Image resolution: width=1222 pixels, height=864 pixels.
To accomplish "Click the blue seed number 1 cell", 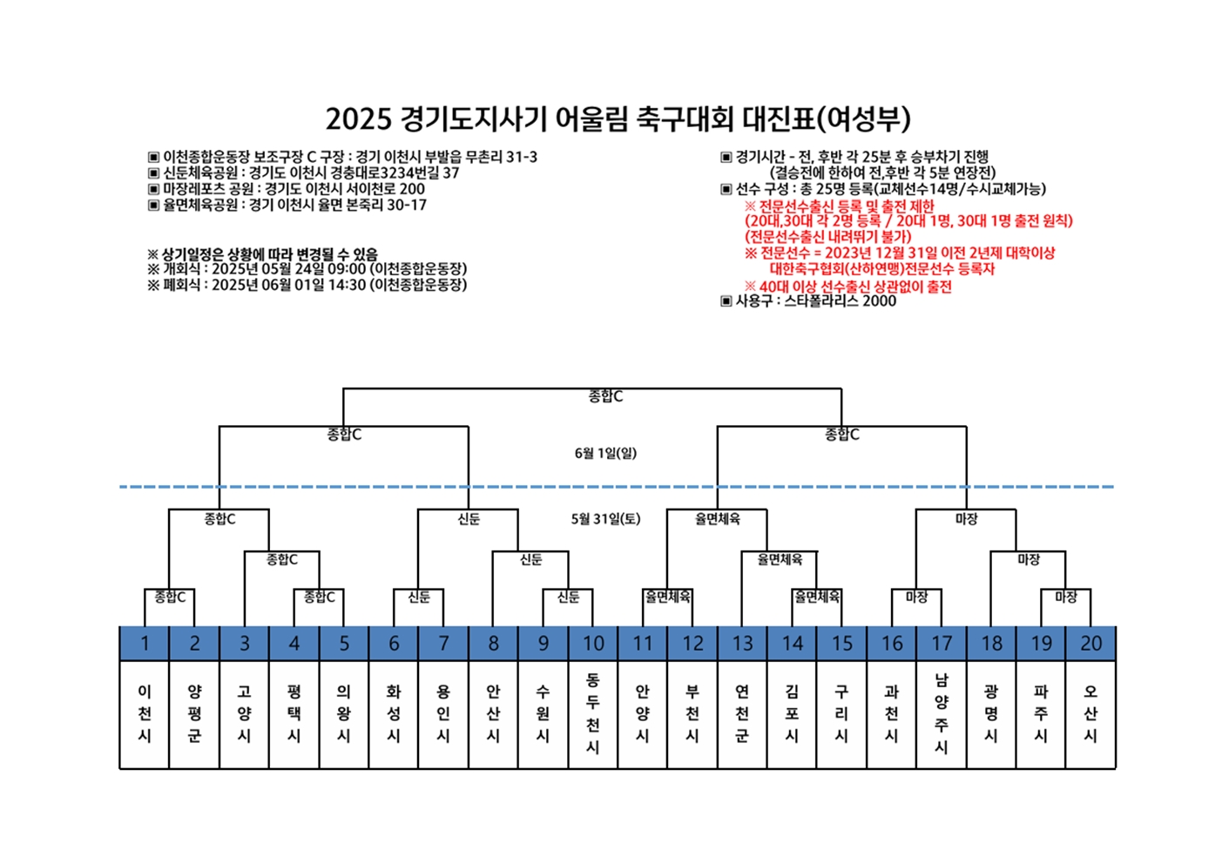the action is click(145, 644).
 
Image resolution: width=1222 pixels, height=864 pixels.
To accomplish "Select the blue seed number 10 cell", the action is click(593, 644).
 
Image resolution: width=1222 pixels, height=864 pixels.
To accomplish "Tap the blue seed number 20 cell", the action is click(1091, 644).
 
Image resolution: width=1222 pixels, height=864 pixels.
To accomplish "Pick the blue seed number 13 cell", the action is click(742, 644).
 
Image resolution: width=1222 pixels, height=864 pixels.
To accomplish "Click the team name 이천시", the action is click(145, 713).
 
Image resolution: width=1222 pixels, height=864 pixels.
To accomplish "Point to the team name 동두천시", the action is click(593, 713).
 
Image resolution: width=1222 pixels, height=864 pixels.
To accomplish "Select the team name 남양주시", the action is click(942, 713).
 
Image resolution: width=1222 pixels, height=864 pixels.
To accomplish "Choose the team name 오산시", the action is click(1091, 713).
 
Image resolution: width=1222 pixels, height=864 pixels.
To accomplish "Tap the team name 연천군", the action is click(742, 713).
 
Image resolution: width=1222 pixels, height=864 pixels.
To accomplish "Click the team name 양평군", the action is click(195, 713).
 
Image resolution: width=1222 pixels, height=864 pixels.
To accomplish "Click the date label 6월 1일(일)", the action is click(605, 453).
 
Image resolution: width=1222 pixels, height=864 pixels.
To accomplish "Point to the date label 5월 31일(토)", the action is click(605, 519).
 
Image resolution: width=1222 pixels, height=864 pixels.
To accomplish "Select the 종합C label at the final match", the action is click(605, 396).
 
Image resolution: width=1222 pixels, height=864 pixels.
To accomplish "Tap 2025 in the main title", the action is click(359, 119).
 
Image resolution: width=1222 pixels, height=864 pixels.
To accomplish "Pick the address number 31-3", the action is click(522, 157).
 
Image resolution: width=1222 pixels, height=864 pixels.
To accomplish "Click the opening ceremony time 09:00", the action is click(347, 269).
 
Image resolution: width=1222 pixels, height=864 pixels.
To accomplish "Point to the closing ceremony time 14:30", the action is click(347, 285).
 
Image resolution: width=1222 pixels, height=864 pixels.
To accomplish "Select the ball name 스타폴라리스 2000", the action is click(841, 301).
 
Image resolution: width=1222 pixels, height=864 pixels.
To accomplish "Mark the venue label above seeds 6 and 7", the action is click(419, 597).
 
